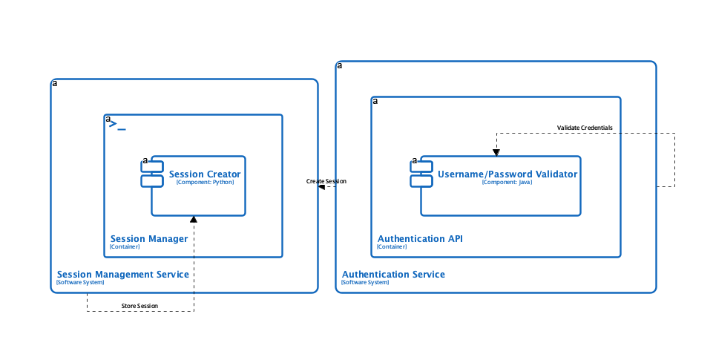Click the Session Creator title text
205,174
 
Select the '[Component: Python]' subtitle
205,183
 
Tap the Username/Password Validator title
507,174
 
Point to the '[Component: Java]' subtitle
507,183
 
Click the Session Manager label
149,238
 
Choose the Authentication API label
420,238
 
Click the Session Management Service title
122,274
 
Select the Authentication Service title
393,274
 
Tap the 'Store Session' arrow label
140,306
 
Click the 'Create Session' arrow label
326,181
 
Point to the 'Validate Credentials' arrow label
585,128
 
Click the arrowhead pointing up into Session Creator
194,220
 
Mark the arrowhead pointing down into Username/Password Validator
496,152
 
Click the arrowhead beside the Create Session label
321,187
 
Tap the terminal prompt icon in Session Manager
117,125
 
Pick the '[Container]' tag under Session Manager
124,247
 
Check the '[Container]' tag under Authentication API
392,247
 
